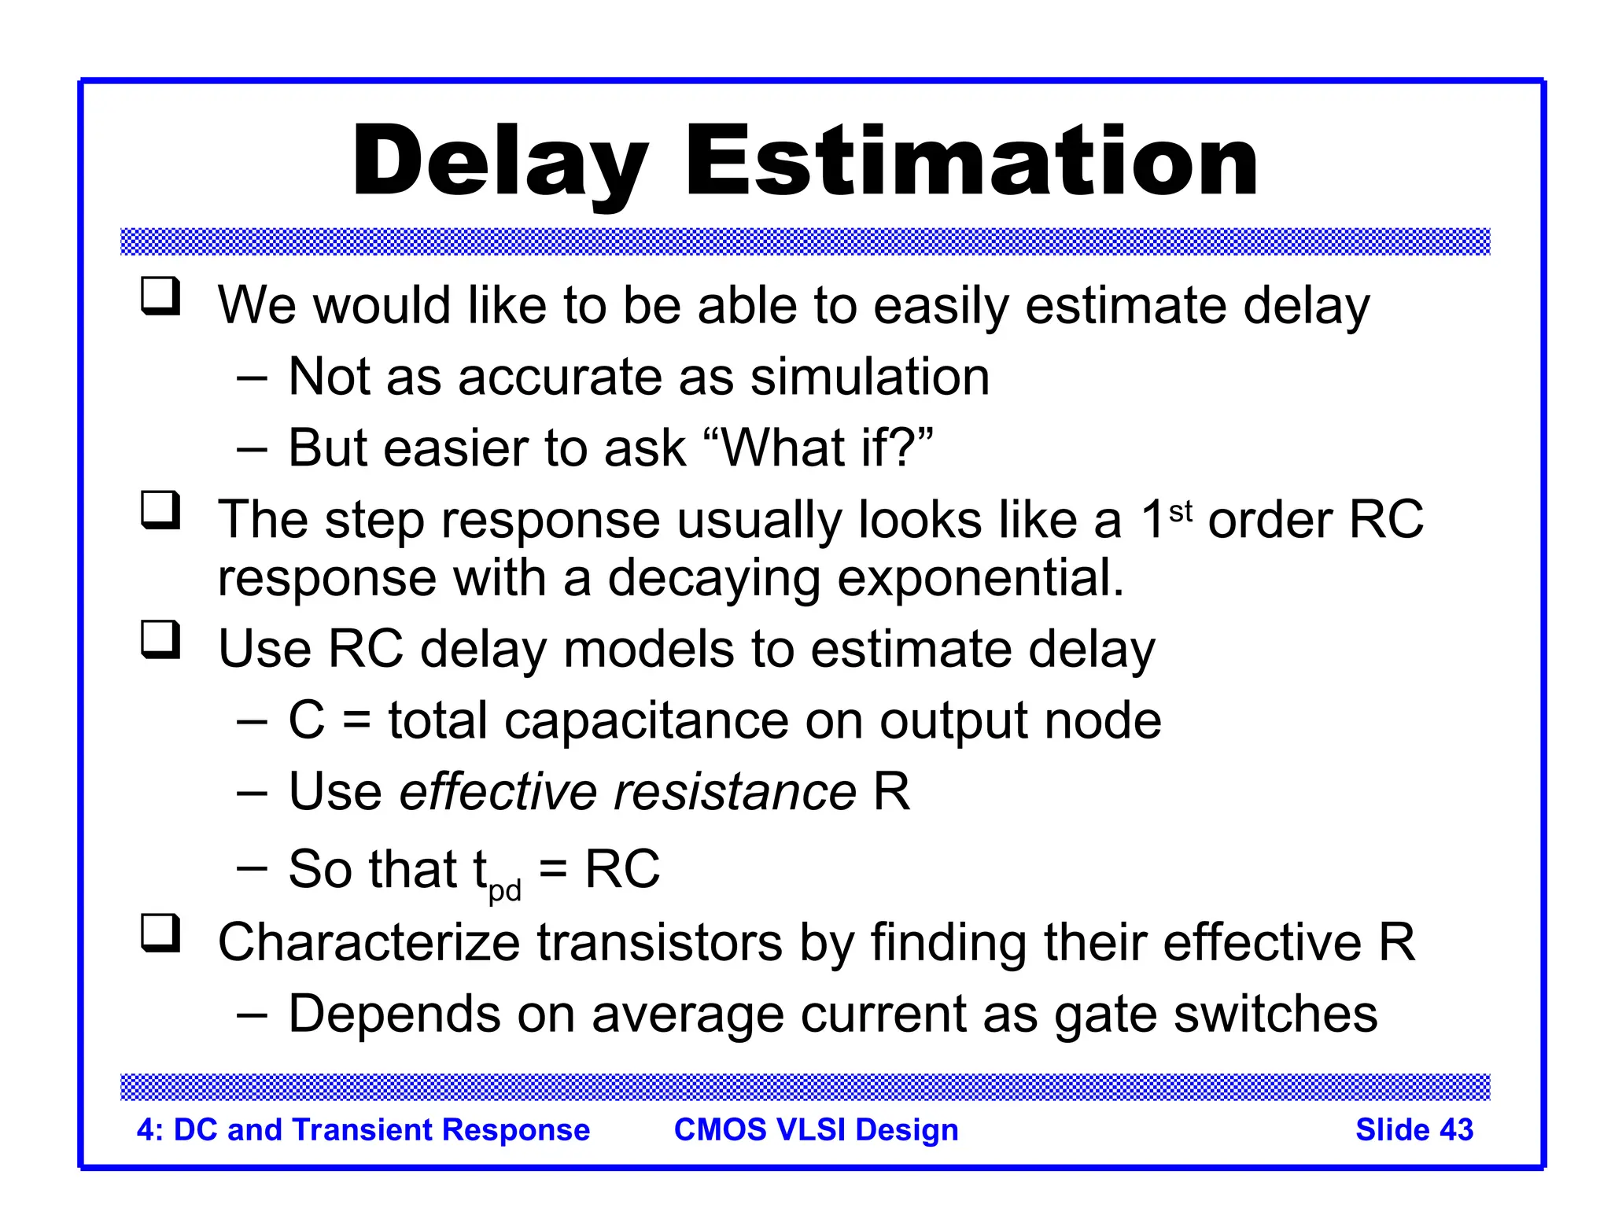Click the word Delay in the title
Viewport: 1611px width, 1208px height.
point(501,163)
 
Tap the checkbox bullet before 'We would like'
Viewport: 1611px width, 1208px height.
point(161,296)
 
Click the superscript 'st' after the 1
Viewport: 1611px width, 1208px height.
point(1181,511)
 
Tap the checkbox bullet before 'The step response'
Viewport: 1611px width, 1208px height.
point(161,510)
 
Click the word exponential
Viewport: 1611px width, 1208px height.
point(981,578)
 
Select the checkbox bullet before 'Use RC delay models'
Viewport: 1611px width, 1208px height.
point(161,639)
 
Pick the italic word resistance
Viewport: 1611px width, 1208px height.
point(735,791)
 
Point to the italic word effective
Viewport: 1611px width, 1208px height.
point(498,791)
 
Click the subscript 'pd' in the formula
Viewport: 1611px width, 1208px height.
point(505,890)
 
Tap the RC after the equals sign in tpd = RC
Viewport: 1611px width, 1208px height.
point(622,869)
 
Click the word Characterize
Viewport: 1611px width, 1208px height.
point(369,941)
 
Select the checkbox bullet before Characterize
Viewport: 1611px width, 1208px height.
point(161,934)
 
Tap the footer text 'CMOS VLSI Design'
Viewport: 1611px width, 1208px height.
point(816,1129)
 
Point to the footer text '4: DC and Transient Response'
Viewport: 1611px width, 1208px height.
point(363,1129)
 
